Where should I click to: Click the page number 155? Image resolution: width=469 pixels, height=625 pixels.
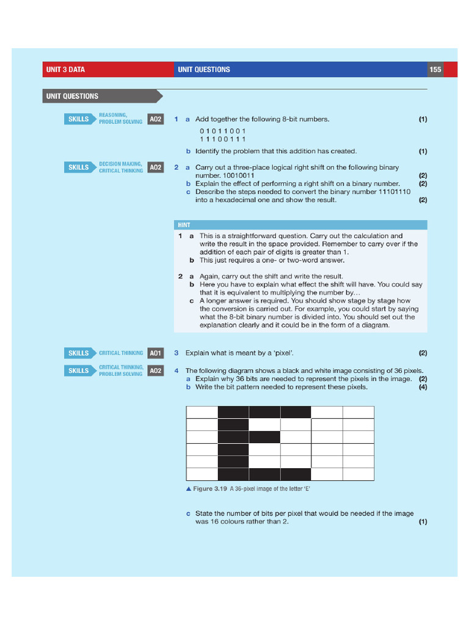point(435,70)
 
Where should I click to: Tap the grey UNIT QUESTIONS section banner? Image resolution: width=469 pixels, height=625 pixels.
point(103,96)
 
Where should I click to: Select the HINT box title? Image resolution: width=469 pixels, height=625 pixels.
point(184,225)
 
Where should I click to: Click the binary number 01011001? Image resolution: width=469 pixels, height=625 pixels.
point(223,131)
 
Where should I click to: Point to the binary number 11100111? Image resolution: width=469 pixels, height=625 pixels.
point(223,139)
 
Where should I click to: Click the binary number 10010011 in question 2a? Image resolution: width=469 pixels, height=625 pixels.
point(239,175)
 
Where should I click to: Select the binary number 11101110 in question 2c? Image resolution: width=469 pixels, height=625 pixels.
point(394,192)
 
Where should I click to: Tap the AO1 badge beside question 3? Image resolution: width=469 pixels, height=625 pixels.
point(156,353)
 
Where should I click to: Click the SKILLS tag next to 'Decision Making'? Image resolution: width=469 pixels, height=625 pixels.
point(79,167)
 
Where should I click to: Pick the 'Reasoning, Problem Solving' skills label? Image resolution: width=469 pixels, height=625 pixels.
point(120,118)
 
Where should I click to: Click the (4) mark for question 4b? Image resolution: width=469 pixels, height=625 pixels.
point(423,387)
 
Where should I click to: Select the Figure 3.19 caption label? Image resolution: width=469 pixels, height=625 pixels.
point(210,489)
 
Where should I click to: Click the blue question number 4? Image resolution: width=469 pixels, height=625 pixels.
point(176,370)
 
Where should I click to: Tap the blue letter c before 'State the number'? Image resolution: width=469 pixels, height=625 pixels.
point(188,513)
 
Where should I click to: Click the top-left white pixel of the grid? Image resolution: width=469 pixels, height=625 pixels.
point(202,412)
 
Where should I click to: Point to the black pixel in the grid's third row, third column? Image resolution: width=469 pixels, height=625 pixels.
point(264,437)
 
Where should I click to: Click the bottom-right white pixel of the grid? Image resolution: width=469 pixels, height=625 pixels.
point(358,474)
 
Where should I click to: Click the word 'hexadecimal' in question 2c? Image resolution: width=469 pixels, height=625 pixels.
point(233,200)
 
